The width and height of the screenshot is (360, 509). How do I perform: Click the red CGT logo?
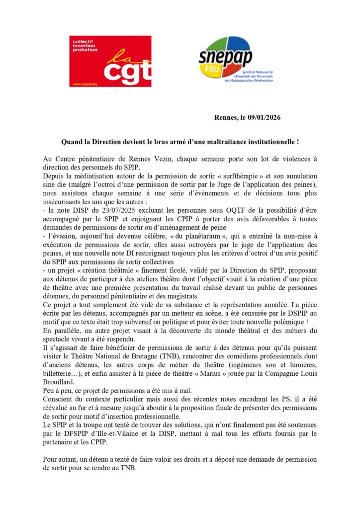110,61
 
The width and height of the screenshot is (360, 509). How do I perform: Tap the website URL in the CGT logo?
84,84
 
